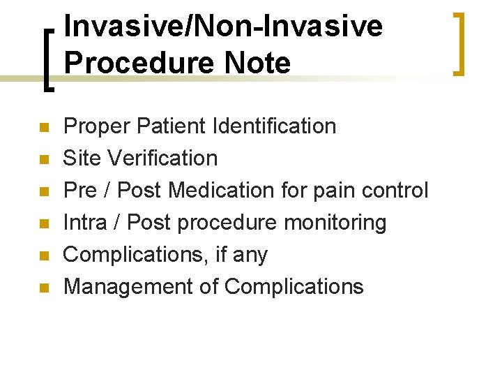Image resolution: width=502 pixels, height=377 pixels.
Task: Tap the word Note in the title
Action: (x=257, y=63)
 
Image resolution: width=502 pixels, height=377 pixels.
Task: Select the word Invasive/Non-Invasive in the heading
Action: (x=223, y=27)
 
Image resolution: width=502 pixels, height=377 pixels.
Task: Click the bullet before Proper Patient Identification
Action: (x=43, y=127)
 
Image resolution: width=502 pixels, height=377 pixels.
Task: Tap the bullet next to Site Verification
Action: (x=43, y=159)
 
